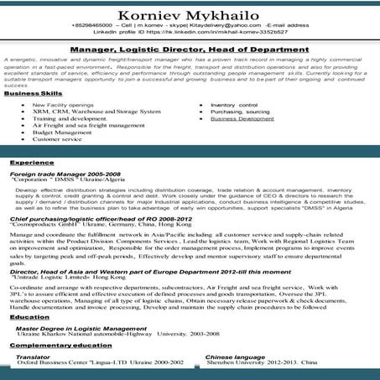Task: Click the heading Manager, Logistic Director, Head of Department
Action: point(190,49)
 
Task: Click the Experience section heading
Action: point(32,161)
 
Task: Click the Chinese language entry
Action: point(235,357)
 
